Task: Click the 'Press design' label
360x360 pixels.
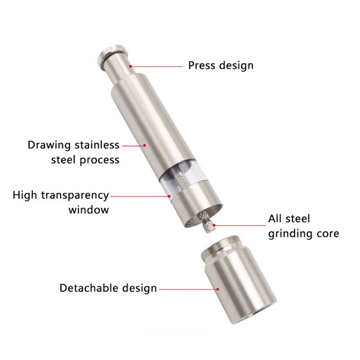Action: (221, 66)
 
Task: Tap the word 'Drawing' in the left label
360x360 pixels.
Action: (49, 145)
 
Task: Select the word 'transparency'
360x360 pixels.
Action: (75, 196)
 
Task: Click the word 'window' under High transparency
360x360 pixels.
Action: (89, 210)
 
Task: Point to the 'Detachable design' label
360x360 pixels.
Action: (108, 288)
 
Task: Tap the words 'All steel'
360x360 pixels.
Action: (289, 219)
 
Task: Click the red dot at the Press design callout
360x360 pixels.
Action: (130, 66)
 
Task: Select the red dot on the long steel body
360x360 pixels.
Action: (144, 145)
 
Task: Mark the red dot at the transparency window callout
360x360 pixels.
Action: (169, 196)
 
